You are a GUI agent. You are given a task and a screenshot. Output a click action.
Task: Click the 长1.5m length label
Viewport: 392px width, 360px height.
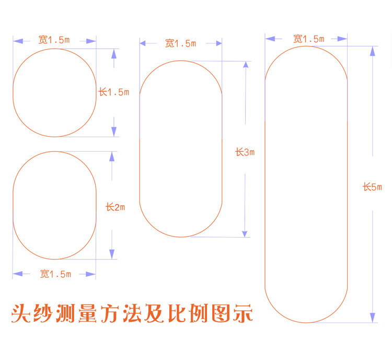[x=113, y=92]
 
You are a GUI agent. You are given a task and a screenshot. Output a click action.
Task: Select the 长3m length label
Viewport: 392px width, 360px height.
[x=245, y=152]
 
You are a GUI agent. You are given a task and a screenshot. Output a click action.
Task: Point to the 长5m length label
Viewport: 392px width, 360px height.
[x=373, y=187]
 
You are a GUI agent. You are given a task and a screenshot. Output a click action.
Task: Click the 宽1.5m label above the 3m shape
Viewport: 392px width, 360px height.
[x=180, y=43]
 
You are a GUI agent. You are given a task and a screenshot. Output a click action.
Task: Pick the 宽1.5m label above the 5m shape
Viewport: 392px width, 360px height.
[x=308, y=39]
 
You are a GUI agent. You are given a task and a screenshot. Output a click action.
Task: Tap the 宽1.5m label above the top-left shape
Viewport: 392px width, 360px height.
[x=54, y=40]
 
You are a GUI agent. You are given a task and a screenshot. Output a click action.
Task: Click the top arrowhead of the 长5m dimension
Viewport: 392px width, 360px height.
[x=373, y=51]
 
